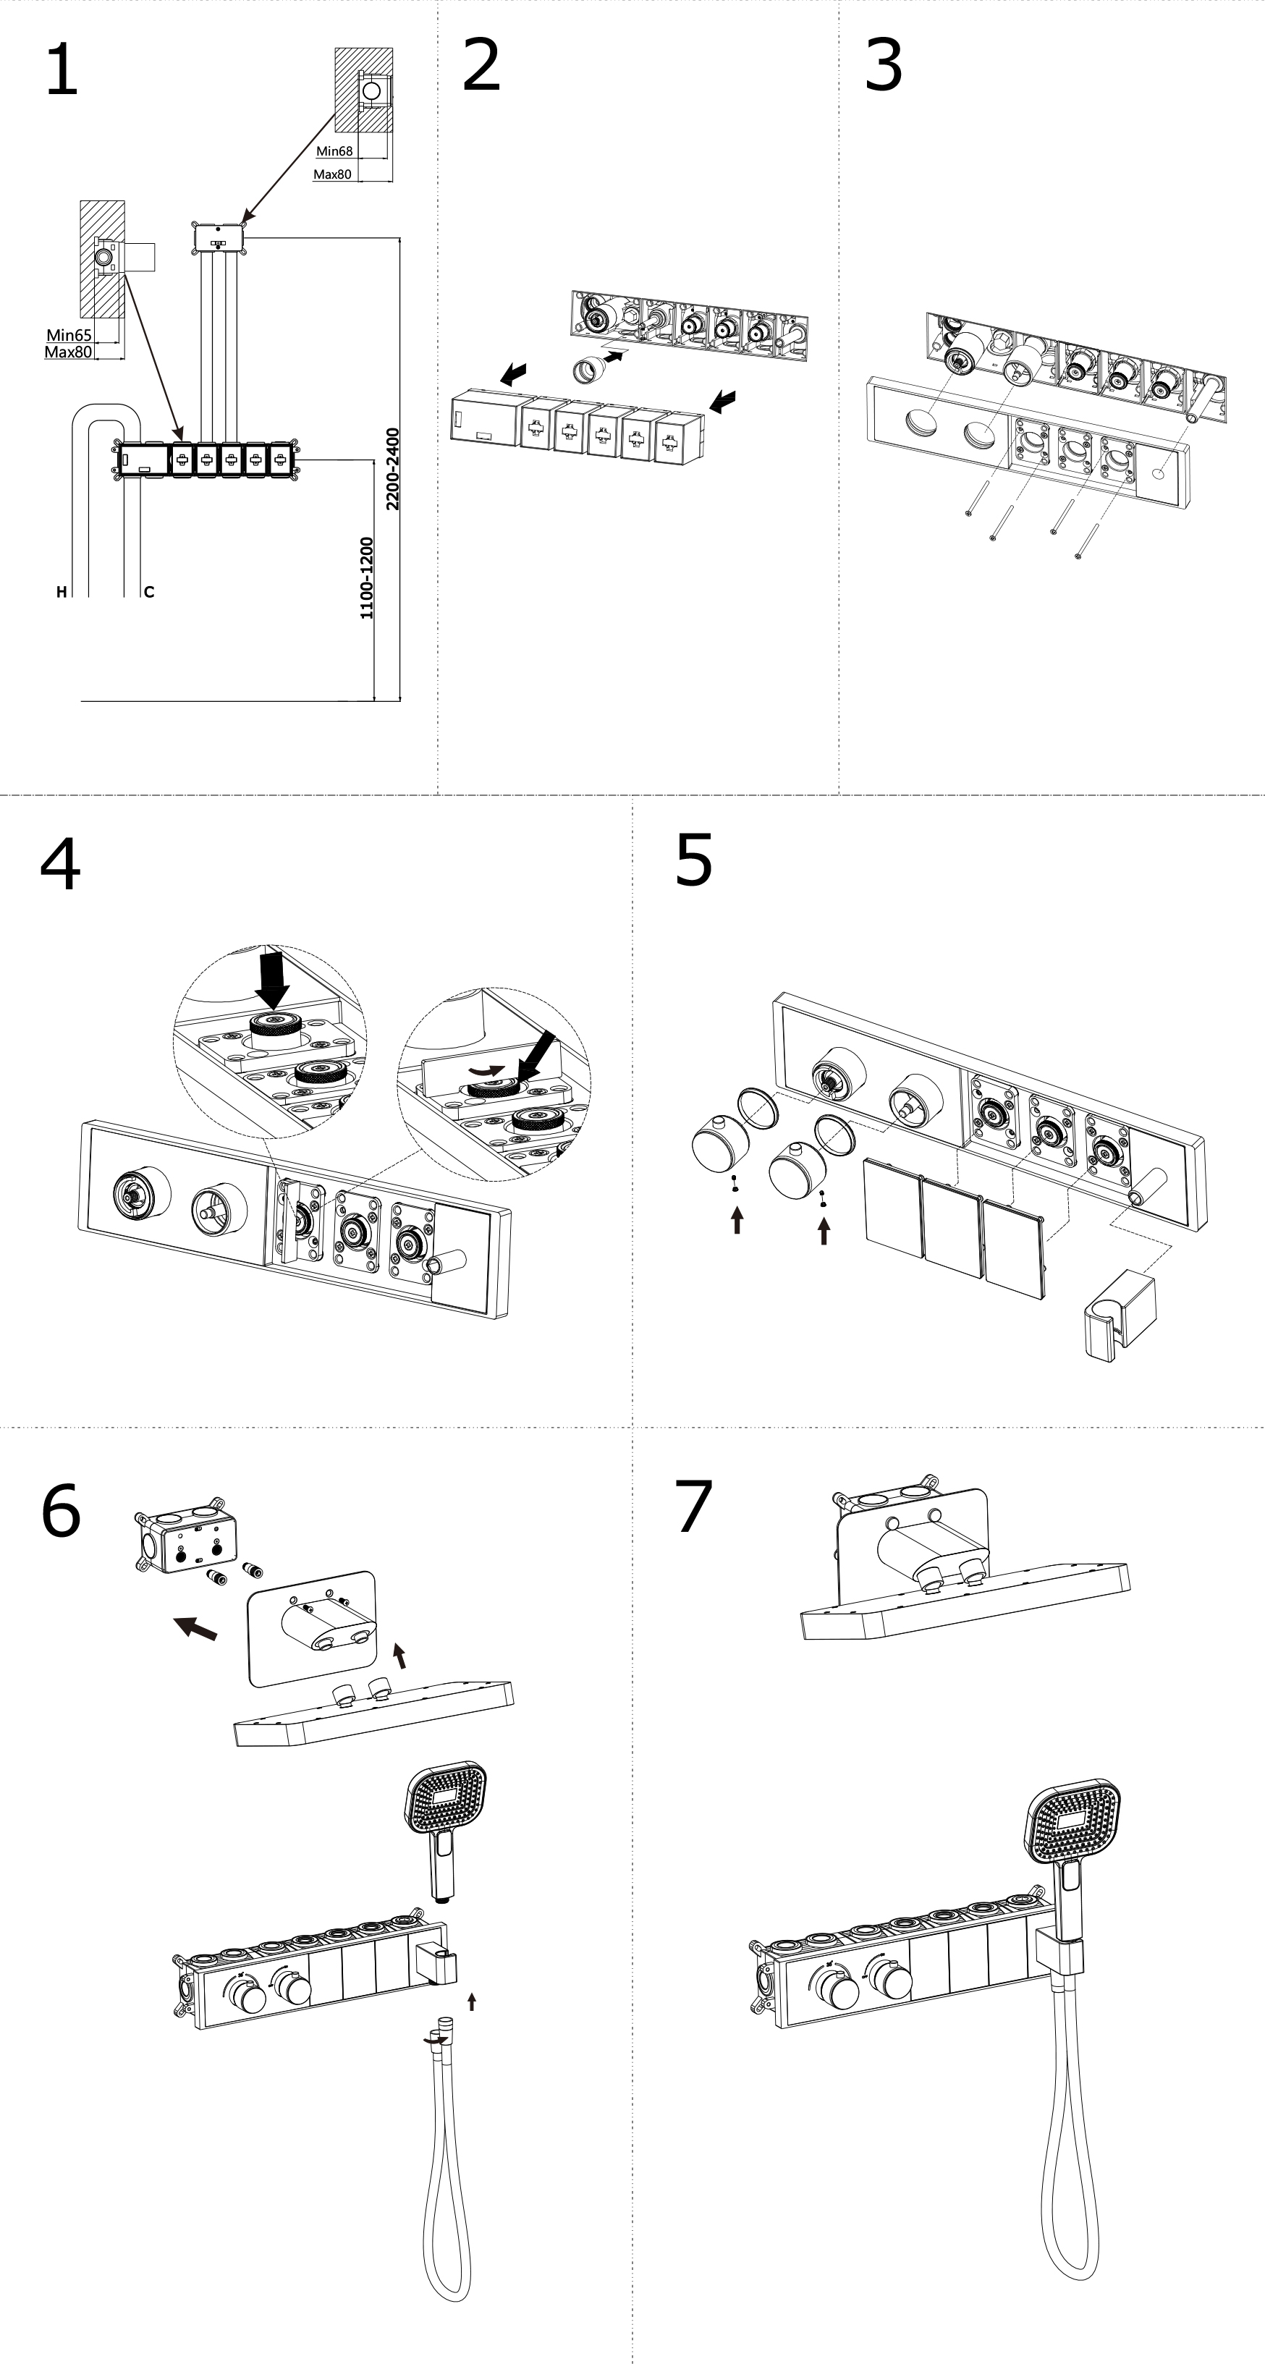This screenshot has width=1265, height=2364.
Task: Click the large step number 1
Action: [x=62, y=71]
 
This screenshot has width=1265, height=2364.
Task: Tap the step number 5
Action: [x=693, y=861]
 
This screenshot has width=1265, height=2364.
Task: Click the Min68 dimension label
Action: [x=334, y=151]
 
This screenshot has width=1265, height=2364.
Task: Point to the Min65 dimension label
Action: [x=69, y=335]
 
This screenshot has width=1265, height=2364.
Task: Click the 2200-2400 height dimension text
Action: [x=393, y=469]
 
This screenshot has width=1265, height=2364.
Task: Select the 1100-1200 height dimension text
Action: [x=367, y=578]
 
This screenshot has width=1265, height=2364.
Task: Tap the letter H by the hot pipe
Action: [x=62, y=592]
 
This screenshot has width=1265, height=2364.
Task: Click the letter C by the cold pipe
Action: [x=148, y=592]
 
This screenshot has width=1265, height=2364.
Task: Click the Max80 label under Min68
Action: [x=332, y=174]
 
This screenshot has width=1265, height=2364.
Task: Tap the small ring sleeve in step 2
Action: [x=585, y=370]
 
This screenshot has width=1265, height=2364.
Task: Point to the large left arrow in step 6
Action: [x=195, y=1629]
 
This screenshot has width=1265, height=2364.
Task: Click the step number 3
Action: [x=883, y=66]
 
